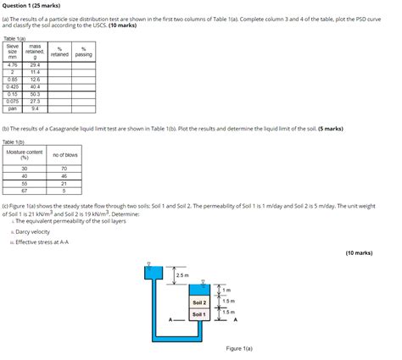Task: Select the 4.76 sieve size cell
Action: pyautogui.click(x=13, y=64)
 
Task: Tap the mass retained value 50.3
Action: pyautogui.click(x=35, y=93)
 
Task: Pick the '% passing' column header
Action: pyautogui.click(x=83, y=52)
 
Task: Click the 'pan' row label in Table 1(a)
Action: pyautogui.click(x=13, y=108)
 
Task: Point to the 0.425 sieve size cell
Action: pyautogui.click(x=13, y=86)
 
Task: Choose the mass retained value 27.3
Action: pyautogui.click(x=35, y=101)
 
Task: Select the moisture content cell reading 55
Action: pyautogui.click(x=25, y=183)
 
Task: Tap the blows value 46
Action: pyautogui.click(x=64, y=175)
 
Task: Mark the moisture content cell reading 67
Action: pyautogui.click(x=25, y=191)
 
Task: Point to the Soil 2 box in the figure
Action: pyautogui.click(x=200, y=302)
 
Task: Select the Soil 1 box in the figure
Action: pyautogui.click(x=200, y=314)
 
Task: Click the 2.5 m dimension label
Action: pyautogui.click(x=181, y=275)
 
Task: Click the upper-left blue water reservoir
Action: pyautogui.click(x=154, y=273)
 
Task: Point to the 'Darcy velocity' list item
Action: pyautogui.click(x=32, y=231)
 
